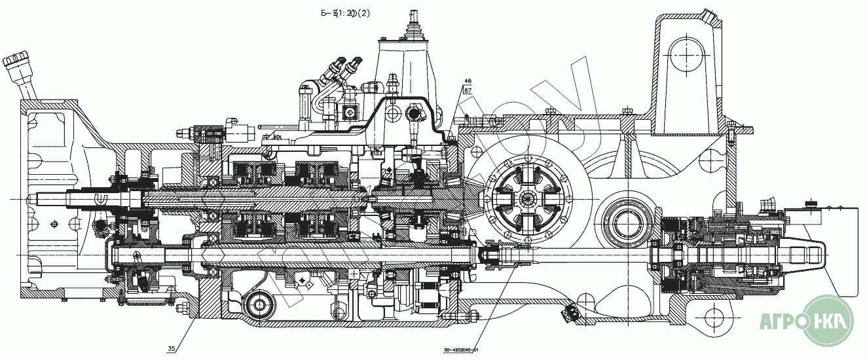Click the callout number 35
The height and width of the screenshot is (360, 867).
(171, 349)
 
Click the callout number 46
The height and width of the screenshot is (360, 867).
(468, 82)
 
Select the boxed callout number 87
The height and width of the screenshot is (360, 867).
(468, 90)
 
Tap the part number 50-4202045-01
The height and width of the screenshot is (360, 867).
(462, 350)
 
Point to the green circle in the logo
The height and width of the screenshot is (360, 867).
(828, 321)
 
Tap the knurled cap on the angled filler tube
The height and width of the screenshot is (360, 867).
(14, 61)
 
